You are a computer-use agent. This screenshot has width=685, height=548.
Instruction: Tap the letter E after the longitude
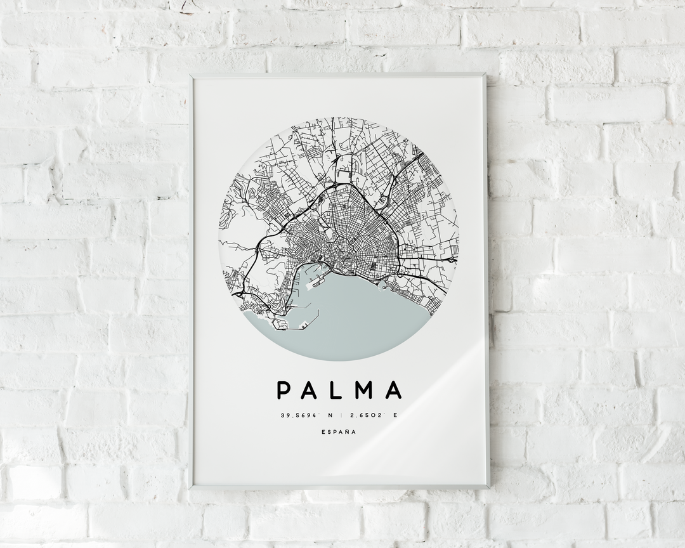(x=395, y=415)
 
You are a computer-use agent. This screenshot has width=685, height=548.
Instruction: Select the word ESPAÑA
(x=339, y=433)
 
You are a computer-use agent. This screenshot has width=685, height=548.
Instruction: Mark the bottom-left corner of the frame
(x=193, y=488)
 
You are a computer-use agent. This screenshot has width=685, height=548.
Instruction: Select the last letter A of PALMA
(x=395, y=390)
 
